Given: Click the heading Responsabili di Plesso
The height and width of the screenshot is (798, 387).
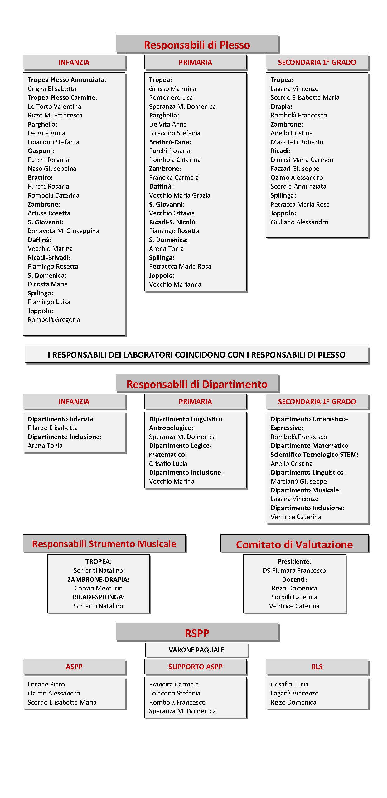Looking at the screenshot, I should (x=197, y=45).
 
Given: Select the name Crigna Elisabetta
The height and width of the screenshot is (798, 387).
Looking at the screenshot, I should (x=52, y=89).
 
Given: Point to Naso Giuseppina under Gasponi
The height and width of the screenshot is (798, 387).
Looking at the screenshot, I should (x=52, y=169).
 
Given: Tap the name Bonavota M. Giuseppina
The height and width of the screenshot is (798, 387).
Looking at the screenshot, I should (x=63, y=231).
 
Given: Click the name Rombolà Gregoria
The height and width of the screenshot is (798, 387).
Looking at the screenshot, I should (x=54, y=320).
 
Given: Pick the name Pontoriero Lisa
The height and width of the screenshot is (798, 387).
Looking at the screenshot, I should (x=171, y=98).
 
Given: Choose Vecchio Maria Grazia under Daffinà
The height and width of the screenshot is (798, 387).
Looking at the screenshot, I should (x=180, y=195).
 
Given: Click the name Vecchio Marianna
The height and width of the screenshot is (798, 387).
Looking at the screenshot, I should (x=175, y=284).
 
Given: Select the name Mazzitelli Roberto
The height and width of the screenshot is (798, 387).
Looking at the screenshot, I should (x=297, y=142).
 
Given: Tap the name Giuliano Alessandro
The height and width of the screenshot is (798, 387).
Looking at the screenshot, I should (x=299, y=222).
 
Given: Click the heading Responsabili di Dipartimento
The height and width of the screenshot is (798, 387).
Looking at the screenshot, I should (x=197, y=384).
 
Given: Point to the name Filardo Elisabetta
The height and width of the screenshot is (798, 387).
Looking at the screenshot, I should (x=53, y=428).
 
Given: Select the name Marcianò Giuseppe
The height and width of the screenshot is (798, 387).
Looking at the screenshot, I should (x=299, y=481).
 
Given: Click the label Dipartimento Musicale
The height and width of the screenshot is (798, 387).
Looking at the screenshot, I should (x=305, y=490).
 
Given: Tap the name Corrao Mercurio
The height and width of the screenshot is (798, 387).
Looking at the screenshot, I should (x=99, y=588).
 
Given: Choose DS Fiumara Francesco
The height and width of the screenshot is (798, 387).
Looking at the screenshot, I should (x=294, y=571).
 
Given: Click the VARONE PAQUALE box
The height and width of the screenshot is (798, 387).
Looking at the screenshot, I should (x=196, y=650).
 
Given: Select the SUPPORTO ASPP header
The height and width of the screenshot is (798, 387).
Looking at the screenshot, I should (x=196, y=667).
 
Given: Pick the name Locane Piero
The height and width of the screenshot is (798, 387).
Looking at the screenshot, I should (x=46, y=684).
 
